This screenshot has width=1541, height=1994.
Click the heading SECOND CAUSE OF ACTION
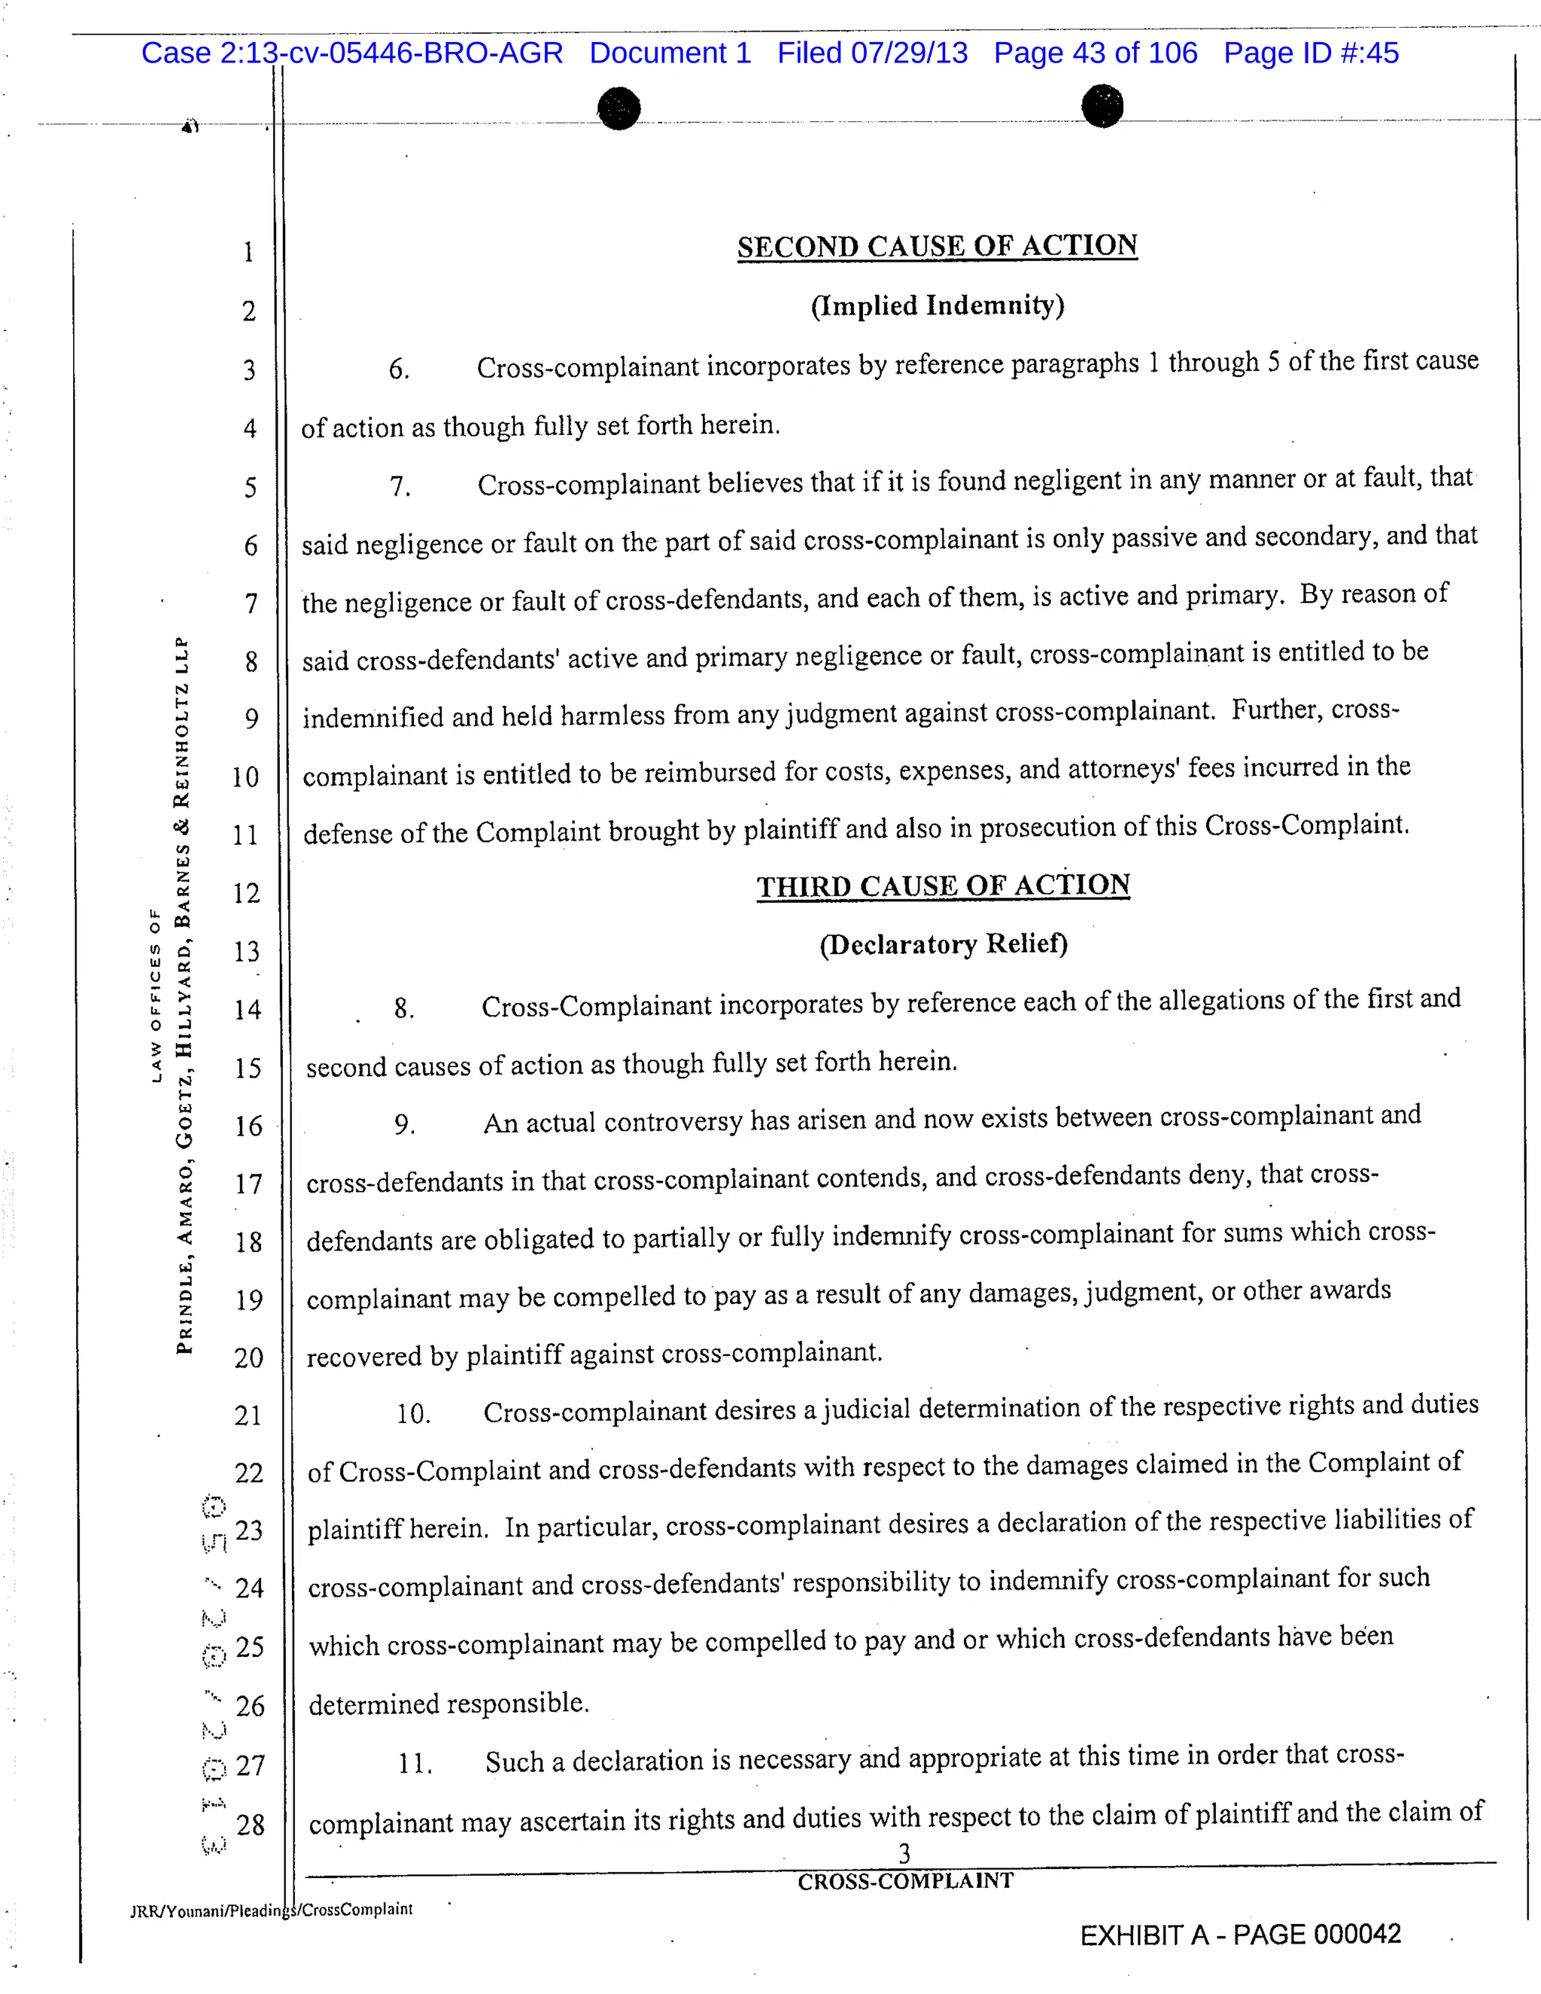[937, 247]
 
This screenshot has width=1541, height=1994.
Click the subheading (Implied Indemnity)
[937, 305]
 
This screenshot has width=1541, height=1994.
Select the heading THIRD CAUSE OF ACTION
[943, 886]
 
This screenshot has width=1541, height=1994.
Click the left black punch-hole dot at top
[619, 108]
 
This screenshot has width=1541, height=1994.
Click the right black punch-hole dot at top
[1102, 106]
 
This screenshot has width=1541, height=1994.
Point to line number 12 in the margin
[247, 893]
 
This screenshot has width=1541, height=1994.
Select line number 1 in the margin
[248, 252]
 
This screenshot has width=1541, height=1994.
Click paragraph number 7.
[400, 487]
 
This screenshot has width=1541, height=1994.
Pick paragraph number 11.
[415, 1764]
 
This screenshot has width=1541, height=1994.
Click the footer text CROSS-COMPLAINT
[904, 1881]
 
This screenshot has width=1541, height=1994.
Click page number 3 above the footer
[904, 1853]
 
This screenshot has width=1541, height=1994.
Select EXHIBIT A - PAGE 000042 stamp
[1240, 1935]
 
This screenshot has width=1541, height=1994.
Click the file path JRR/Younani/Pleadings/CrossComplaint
[271, 1910]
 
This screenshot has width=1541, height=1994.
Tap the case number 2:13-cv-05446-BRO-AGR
[391, 53]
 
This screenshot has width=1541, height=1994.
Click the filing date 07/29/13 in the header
[908, 53]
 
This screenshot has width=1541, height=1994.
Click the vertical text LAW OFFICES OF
[155, 995]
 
